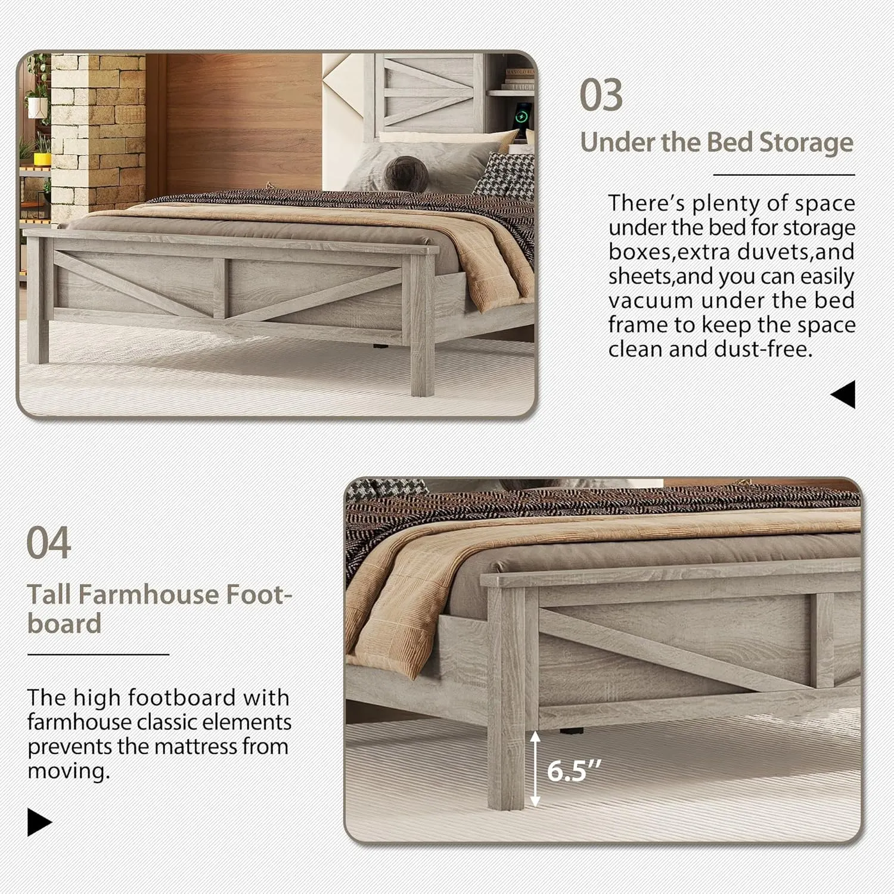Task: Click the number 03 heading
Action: pos(601,95)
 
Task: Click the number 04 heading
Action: pos(49,543)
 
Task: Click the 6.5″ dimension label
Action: pos(575,771)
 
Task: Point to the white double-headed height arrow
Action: pos(535,768)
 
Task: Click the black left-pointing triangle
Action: pos(843,395)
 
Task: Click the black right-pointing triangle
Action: pos(39,822)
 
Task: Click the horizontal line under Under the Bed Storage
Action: pos(784,175)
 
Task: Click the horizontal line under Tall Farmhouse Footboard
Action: pos(98,654)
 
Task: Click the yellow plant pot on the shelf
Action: pos(41,159)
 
